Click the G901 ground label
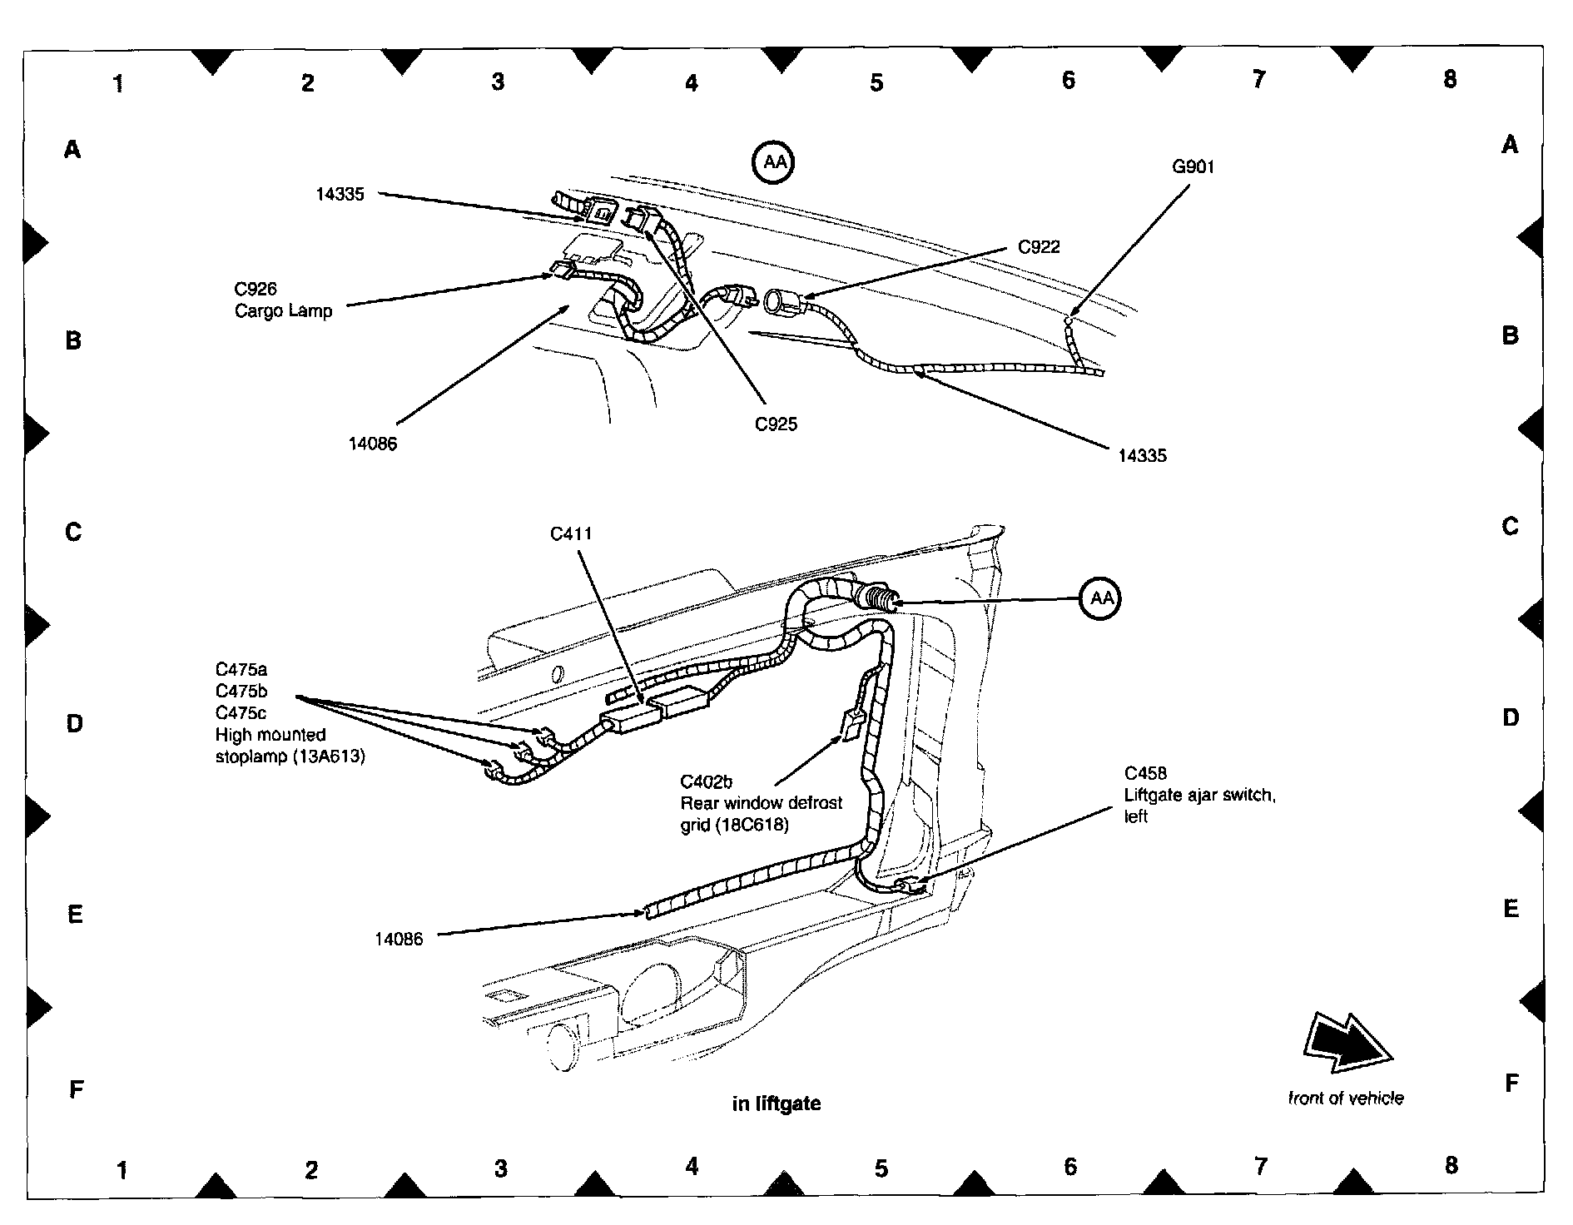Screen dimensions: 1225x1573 point(1193,166)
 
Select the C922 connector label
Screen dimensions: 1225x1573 point(1039,247)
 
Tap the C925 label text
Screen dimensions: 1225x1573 point(776,424)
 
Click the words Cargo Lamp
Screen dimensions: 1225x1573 point(283,311)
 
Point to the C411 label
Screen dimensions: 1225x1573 point(571,533)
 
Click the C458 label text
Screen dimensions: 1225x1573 point(1145,774)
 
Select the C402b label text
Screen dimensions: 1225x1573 point(706,782)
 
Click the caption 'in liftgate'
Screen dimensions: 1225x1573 point(776,1103)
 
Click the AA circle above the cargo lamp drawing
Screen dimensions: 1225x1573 point(774,162)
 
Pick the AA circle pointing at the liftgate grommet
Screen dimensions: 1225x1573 point(1101,598)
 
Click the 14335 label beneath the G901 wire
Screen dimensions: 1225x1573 point(1142,456)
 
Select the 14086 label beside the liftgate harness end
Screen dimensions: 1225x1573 point(399,940)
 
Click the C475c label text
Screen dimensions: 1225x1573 point(241,713)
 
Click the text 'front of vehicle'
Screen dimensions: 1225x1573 point(1346,1099)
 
